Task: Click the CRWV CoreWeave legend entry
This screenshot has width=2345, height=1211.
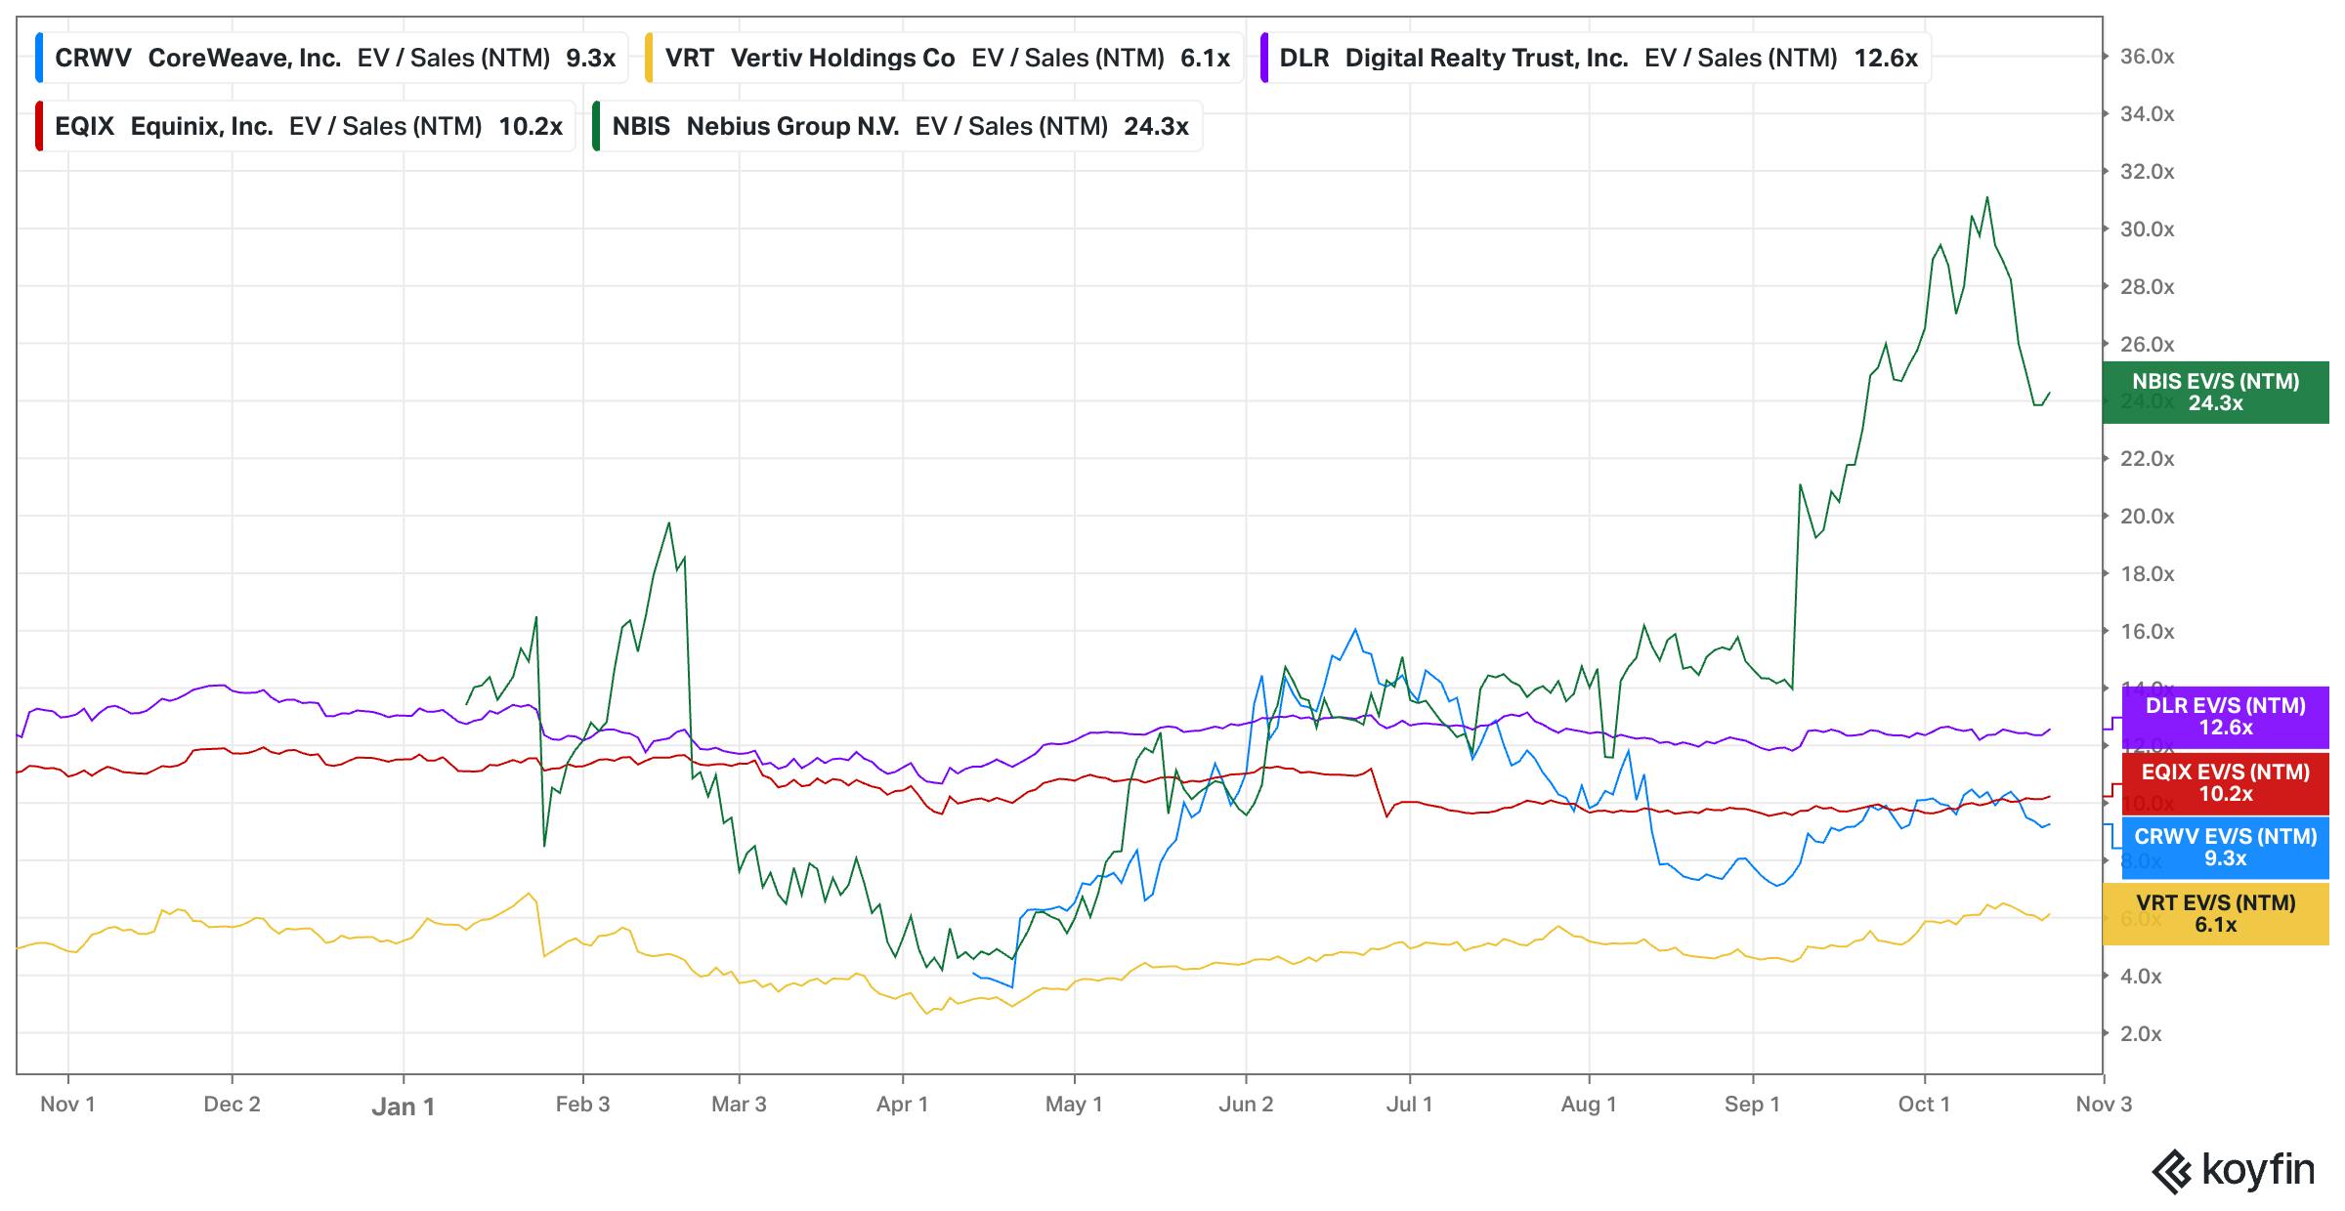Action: tap(328, 59)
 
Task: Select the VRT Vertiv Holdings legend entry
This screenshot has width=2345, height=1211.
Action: tap(944, 59)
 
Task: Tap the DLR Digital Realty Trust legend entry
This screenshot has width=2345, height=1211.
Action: tap(1595, 59)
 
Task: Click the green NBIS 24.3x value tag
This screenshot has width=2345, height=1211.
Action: tap(2215, 393)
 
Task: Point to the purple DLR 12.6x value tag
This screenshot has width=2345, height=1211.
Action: tap(2225, 717)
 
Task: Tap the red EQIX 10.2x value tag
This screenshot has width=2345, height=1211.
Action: tap(2225, 783)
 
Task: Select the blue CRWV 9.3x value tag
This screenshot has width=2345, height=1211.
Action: tap(2225, 848)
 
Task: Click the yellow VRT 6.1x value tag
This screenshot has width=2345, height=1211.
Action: tap(2215, 914)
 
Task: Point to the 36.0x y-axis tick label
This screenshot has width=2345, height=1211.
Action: tap(2147, 57)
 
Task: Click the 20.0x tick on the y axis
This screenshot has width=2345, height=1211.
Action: tap(2147, 517)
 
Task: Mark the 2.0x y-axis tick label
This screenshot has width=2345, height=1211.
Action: tap(2140, 1033)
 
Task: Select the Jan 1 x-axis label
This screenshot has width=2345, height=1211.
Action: tap(403, 1107)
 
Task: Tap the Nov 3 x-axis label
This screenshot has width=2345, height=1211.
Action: tap(2104, 1105)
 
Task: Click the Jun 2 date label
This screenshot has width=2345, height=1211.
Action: tap(1246, 1105)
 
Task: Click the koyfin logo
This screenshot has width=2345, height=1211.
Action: tap(2234, 1170)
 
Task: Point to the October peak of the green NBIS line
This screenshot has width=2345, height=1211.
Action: tap(1986, 198)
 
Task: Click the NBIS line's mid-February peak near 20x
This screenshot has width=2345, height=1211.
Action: tap(668, 523)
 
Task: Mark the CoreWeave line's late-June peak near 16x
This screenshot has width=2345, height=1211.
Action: tap(1355, 630)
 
